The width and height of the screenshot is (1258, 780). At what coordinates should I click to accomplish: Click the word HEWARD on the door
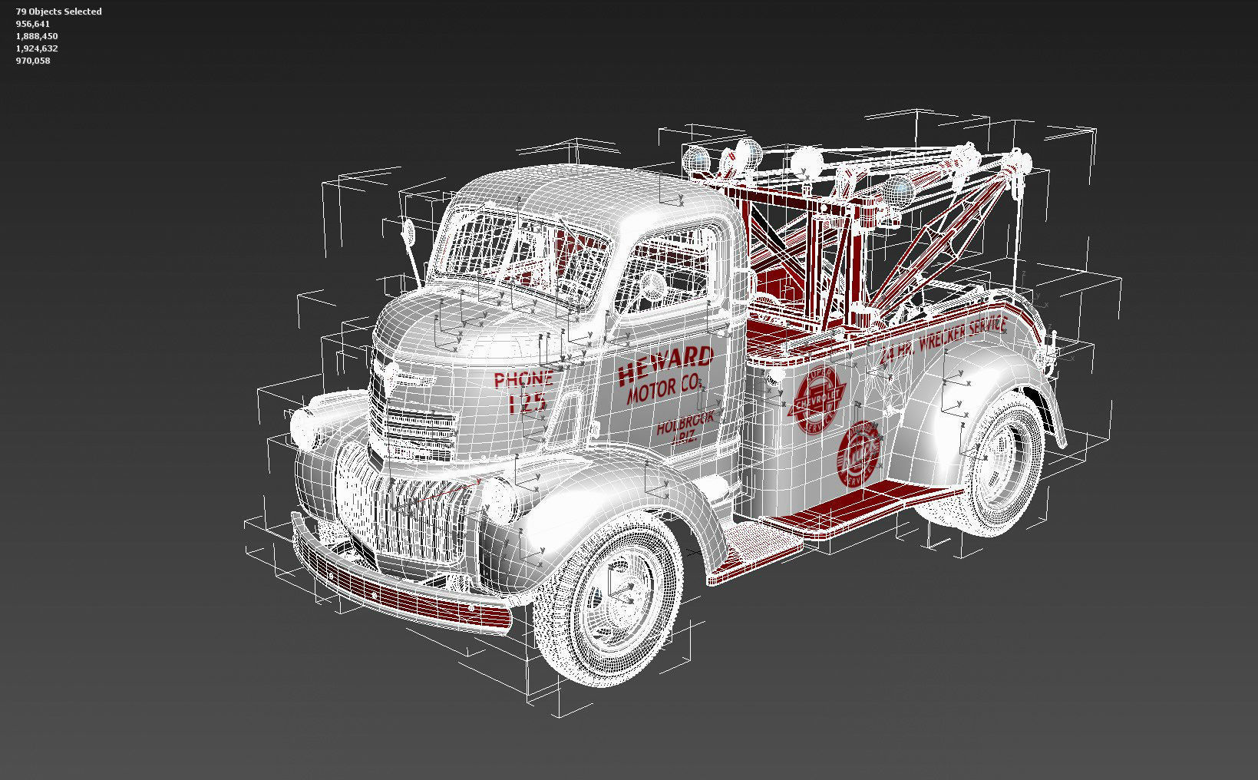click(665, 365)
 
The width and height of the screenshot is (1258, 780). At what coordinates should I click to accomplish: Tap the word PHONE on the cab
click(523, 378)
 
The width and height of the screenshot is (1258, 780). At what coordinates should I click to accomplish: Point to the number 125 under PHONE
click(527, 402)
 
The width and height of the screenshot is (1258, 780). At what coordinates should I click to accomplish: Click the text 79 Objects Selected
click(58, 12)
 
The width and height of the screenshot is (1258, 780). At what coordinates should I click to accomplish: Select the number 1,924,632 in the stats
click(37, 48)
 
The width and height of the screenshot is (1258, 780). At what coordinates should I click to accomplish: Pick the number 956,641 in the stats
click(33, 24)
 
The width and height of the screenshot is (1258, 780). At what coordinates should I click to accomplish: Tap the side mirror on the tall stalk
click(409, 231)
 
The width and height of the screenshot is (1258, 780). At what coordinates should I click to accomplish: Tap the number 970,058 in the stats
click(33, 61)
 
